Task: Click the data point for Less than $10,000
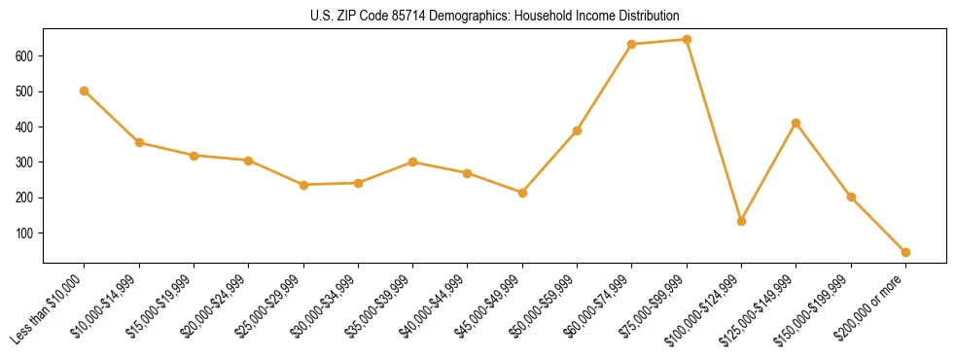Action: click(x=85, y=90)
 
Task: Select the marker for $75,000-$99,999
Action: click(x=687, y=40)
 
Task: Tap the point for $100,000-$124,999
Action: click(x=742, y=221)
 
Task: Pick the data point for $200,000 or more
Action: click(x=906, y=252)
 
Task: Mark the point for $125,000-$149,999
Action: click(x=797, y=123)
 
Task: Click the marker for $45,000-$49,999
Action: click(x=523, y=193)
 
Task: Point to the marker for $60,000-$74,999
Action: click(x=632, y=44)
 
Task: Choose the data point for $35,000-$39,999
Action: click(x=413, y=162)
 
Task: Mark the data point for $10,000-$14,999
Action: click(x=139, y=142)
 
